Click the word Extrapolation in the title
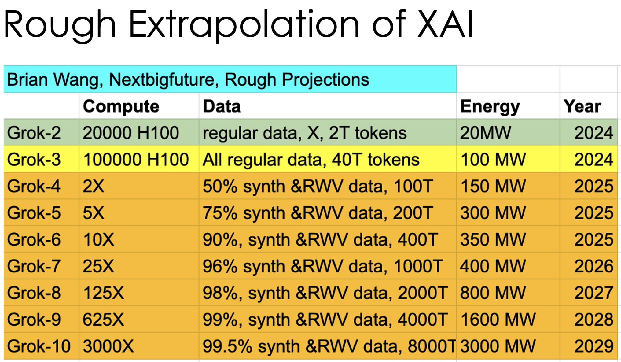point(244,24)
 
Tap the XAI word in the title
point(445,24)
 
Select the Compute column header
point(121,106)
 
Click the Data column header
point(222,106)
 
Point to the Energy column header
point(490,107)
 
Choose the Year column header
point(582,106)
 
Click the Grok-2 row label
point(34,133)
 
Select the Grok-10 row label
point(39,346)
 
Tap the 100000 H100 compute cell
point(136,160)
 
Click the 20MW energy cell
point(485,133)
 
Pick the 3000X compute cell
point(108,346)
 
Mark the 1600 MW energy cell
point(498,320)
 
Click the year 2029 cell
point(593,346)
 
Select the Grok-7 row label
point(34,266)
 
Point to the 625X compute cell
point(103,320)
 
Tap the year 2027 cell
point(593,293)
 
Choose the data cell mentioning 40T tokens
point(311,160)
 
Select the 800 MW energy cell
point(493,293)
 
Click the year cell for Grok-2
point(593,133)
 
